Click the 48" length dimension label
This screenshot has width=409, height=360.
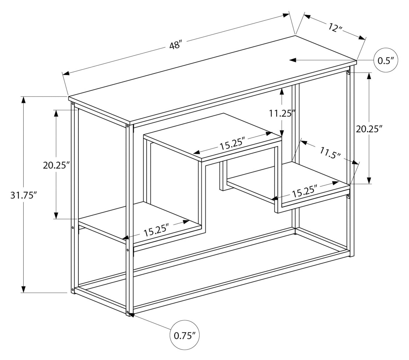(176, 45)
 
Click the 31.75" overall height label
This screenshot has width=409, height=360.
(23, 195)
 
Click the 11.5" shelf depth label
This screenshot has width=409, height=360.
(330, 153)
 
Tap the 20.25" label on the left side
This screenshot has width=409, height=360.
(56, 165)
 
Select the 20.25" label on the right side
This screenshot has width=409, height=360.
(369, 129)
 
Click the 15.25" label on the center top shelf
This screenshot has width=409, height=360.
(232, 145)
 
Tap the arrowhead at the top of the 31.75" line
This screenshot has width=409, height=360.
(24, 100)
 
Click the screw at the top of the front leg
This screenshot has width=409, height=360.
(128, 126)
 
